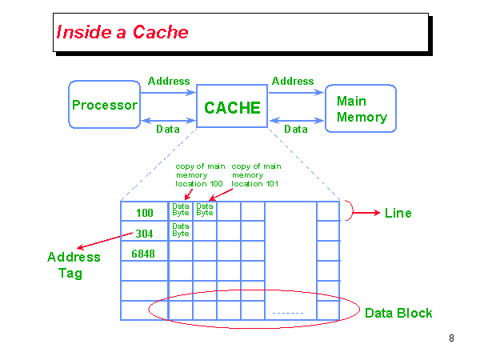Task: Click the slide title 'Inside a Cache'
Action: coord(122,32)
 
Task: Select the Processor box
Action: coord(104,105)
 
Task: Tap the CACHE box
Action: coord(232,107)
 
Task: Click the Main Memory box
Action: coord(361,110)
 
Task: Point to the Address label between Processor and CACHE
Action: coord(169,81)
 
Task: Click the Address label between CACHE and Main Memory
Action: coord(293,81)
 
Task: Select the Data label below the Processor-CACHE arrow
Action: coord(167,129)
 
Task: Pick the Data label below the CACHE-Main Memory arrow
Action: coord(296,129)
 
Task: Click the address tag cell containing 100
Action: coord(144,213)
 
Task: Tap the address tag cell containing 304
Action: coord(144,234)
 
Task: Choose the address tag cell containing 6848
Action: coord(144,254)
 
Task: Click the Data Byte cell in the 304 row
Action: coord(181,230)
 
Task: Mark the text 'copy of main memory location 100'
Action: coord(200,175)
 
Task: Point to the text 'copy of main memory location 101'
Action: coord(256,175)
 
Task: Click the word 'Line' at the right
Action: coord(398,213)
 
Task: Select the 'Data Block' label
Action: coord(398,313)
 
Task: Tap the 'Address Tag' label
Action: coord(74,265)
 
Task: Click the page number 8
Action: coord(451,338)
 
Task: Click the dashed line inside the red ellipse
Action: coord(287,312)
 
